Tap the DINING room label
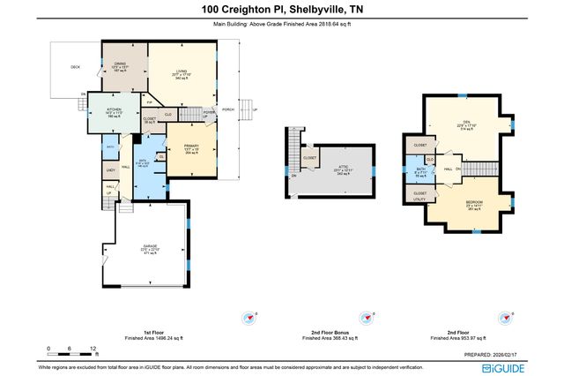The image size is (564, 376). click(x=122, y=63)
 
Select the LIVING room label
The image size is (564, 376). click(x=181, y=74)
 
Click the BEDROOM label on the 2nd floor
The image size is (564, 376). click(x=478, y=204)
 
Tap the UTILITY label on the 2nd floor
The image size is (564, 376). click(x=419, y=200)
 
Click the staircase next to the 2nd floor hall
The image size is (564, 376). click(x=477, y=168)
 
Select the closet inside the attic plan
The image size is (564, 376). click(x=309, y=158)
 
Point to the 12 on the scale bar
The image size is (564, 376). click(x=93, y=349)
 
